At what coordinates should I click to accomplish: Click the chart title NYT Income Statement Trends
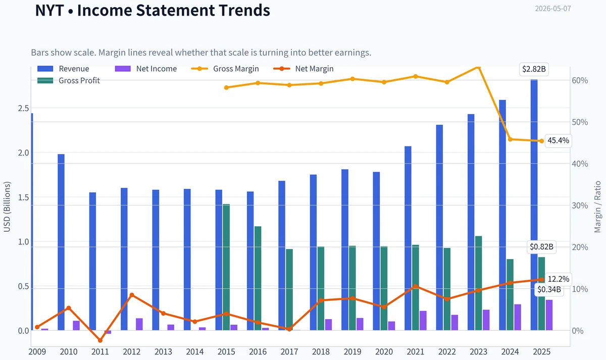153,10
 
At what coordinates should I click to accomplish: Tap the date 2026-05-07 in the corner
553,9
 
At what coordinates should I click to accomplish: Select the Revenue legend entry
63,69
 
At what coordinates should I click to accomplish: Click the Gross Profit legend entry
69,81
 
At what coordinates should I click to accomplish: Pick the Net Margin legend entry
304,69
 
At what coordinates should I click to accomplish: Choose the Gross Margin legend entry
225,69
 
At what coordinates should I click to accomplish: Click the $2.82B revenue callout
534,69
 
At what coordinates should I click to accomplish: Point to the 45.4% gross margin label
558,141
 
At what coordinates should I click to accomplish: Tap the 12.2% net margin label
558,279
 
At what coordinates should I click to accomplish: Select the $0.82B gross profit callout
541,247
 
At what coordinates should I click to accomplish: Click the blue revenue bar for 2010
61,242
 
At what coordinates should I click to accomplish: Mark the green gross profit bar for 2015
226,267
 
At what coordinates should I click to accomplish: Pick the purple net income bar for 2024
518,317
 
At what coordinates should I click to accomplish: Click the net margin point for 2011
100,340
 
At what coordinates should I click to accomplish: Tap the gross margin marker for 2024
510,139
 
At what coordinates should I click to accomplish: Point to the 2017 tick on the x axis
289,352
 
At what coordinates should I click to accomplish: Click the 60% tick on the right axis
580,80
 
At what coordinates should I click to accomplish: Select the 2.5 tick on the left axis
23,108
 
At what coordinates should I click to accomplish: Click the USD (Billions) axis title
7,207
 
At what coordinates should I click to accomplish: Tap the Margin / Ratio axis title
597,207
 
